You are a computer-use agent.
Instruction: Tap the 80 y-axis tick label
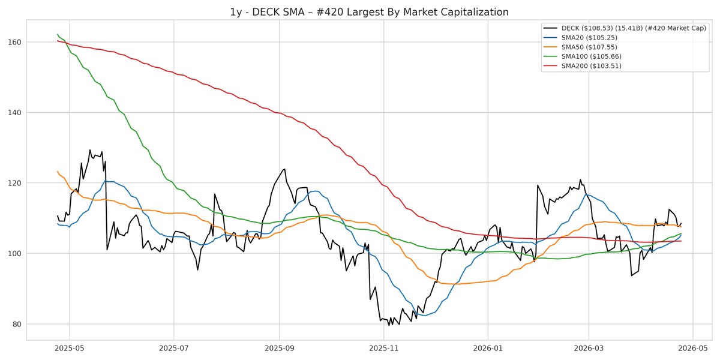point(16,324)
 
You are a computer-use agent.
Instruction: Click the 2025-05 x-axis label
point(69,348)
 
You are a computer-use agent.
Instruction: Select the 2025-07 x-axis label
point(173,348)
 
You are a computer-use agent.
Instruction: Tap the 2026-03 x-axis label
point(589,348)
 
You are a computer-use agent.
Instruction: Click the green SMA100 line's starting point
point(58,34)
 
